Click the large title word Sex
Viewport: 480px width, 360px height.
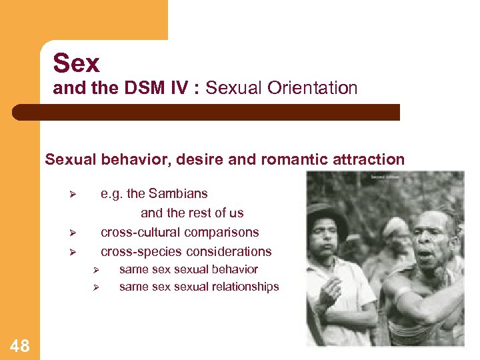[x=76, y=63]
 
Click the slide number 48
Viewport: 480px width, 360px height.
[x=20, y=345]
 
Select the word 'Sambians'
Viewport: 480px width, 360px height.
[x=178, y=193]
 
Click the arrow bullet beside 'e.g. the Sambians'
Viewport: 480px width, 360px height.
[x=74, y=195]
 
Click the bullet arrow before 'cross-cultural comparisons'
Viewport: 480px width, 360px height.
[x=74, y=233]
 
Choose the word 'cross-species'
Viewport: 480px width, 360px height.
[x=139, y=251]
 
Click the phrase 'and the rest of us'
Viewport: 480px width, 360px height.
[x=192, y=213]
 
